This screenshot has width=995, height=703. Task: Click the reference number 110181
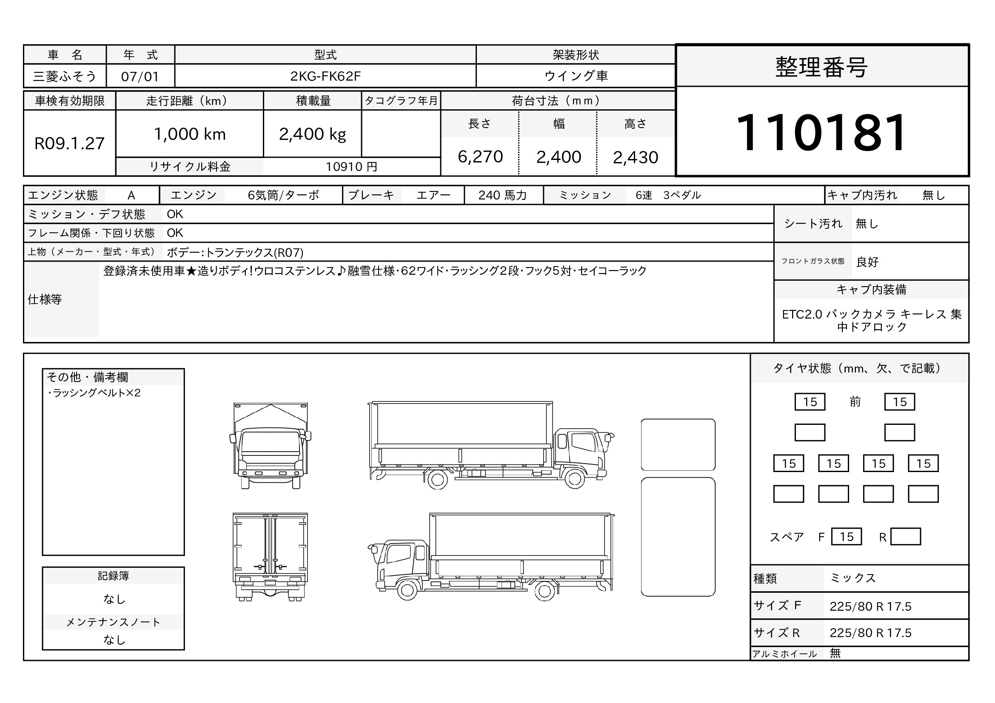coord(821,132)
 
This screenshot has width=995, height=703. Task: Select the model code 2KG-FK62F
coord(325,76)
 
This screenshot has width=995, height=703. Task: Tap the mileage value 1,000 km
coord(190,134)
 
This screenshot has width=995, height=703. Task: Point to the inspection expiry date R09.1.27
coord(69,143)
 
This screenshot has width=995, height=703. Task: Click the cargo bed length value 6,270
coord(480,157)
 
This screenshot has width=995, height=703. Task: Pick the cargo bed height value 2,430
coord(635,157)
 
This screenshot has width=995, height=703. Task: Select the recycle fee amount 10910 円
coord(351,167)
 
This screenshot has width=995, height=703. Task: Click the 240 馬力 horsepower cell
coord(503,195)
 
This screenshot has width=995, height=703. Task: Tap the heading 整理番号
coord(821,67)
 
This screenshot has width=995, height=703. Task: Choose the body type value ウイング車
coord(576,76)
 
